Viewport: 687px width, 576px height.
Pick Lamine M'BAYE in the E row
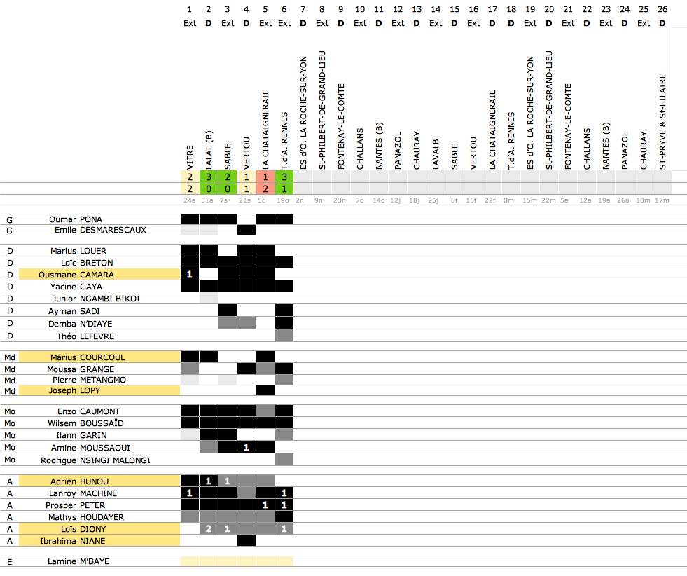tap(78, 561)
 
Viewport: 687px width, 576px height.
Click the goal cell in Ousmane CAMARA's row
tap(190, 275)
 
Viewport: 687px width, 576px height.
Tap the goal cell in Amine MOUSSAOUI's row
tap(246, 447)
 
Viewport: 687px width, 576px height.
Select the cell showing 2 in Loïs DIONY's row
tap(208, 529)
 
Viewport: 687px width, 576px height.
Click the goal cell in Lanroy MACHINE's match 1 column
tap(190, 493)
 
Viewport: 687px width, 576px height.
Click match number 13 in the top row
tap(417, 9)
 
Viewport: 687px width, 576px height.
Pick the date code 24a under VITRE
tap(190, 201)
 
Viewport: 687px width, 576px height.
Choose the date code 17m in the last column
tap(662, 201)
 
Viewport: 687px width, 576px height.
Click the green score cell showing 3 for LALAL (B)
tap(208, 177)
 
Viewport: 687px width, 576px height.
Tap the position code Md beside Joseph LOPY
tap(10, 390)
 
